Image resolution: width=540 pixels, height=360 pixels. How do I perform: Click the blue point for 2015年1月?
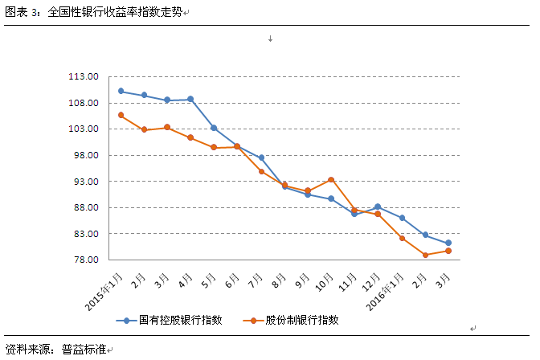pos(121,91)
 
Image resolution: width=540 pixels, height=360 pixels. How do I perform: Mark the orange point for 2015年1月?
pos(121,115)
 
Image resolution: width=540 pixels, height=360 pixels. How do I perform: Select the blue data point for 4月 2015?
pos(190,99)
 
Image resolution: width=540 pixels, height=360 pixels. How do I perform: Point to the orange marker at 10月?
pos(331,180)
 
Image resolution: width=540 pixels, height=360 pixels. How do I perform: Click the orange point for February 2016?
pos(425,255)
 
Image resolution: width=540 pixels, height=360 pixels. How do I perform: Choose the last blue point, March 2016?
pos(448,243)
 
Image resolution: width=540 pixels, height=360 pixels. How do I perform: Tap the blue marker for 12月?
pos(378,207)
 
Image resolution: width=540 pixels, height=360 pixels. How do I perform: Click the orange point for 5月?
pos(214,148)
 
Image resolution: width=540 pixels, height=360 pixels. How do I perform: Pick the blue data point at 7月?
pos(261,157)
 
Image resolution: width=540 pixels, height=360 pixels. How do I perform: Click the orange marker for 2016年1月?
pos(402,239)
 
